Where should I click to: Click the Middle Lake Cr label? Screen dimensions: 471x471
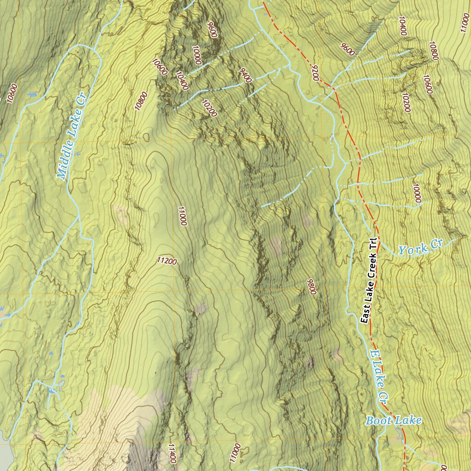(72, 138)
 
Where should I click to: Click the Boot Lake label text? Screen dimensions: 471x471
(393, 420)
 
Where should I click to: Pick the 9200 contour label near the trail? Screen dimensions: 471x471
(315, 73)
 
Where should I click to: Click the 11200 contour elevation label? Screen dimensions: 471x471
(167, 261)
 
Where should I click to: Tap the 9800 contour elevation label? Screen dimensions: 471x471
(312, 287)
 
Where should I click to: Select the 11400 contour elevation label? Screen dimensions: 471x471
(172, 453)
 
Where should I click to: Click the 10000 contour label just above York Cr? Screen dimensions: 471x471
(417, 193)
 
